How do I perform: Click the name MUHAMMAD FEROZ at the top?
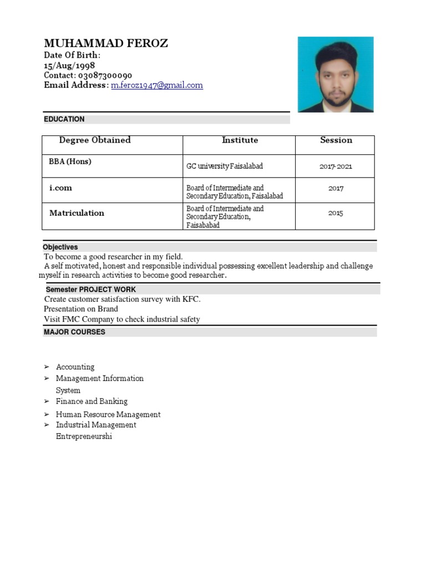[105, 43]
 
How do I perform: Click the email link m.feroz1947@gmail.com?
[157, 85]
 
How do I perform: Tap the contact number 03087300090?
[104, 75]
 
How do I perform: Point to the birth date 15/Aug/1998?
[69, 65]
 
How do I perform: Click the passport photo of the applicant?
[336, 74]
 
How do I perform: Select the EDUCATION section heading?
[64, 119]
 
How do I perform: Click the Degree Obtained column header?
[95, 140]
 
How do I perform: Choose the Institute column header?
[240, 140]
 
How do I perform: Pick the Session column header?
[336, 140]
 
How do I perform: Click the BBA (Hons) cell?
[70, 162]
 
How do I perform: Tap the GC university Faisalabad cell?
[225, 166]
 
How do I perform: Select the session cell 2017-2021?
[336, 166]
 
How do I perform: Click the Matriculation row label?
[77, 213]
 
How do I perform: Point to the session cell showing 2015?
[336, 213]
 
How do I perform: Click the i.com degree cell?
[60, 188]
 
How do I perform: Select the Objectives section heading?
[60, 247]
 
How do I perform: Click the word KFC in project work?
[190, 299]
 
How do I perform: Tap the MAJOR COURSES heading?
[74, 332]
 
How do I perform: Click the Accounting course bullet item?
[75, 367]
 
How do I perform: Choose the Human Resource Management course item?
[108, 414]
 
